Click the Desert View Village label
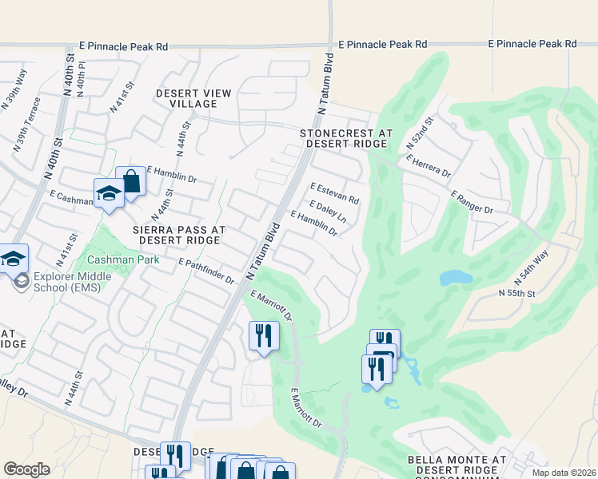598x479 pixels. pos(193,98)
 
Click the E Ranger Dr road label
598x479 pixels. pos(472,201)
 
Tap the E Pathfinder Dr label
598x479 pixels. pos(206,271)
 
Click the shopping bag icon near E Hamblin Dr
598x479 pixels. pos(131,181)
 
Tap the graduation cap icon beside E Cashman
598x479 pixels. pos(108,192)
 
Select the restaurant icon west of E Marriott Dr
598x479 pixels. pos(264,334)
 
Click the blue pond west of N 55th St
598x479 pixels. pos(455,278)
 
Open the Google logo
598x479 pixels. pos(26,469)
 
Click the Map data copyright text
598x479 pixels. pos(567,471)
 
